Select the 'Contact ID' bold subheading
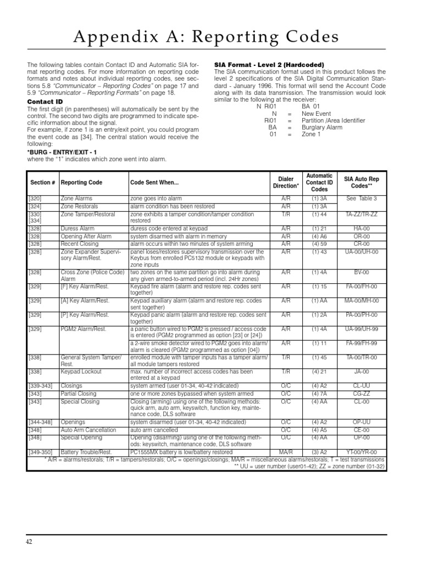45,102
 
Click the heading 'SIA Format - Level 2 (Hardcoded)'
269,65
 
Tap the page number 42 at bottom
30,542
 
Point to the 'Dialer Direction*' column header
285,182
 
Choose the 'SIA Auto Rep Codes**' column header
362,182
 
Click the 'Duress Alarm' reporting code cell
77,228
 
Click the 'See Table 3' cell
362,198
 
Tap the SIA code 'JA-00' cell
362,372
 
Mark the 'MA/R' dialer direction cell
286,452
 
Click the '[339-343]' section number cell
41,386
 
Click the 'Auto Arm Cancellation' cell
88,430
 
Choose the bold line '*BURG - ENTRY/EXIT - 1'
62,151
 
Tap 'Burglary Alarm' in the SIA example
322,127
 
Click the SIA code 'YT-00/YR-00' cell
362,452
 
